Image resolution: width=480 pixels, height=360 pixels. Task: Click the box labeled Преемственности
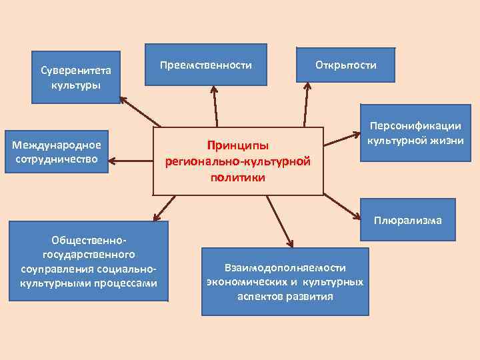[206, 65]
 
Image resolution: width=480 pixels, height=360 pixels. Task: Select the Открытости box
[345, 65]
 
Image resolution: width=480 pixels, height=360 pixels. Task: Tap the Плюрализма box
[407, 220]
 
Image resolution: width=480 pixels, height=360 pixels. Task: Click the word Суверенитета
[76, 70]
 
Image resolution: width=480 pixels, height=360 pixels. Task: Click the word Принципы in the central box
[237, 145]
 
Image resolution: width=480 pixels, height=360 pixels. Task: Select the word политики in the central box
[237, 178]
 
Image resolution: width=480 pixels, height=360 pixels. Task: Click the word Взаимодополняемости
[285, 267]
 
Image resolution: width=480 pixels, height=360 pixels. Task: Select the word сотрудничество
[58, 159]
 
